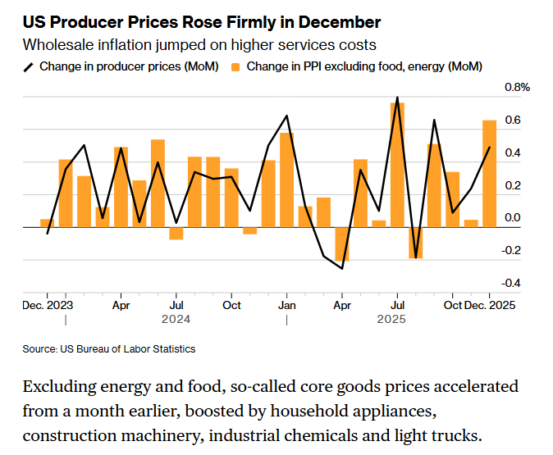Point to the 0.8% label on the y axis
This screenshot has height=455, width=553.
click(x=517, y=86)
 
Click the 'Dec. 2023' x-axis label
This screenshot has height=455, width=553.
click(x=48, y=305)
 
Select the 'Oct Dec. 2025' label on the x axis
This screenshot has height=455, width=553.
click(x=480, y=305)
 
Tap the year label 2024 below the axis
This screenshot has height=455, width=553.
click(x=176, y=318)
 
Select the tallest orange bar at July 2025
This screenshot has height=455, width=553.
click(x=397, y=164)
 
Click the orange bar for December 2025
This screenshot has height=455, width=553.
click(x=489, y=173)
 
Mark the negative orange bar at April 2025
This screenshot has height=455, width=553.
click(x=342, y=243)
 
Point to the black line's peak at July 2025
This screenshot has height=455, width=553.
click(x=397, y=98)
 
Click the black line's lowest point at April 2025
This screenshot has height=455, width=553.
click(x=342, y=268)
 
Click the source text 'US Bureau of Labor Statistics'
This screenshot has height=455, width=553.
click(x=127, y=349)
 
